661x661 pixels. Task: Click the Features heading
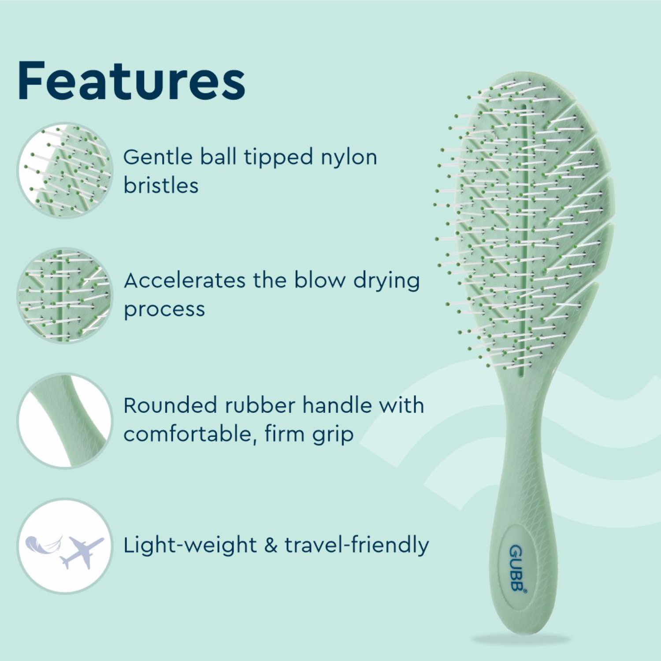(131, 82)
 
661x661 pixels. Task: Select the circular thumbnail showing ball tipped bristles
(65, 171)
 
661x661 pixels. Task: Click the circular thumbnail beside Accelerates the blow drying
(65, 295)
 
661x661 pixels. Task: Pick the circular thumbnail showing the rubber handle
(65, 421)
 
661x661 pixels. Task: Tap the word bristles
(161, 186)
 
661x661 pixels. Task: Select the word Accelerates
(185, 281)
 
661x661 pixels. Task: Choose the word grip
(333, 435)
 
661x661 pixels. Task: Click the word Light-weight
(190, 546)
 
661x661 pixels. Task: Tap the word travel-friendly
(356, 546)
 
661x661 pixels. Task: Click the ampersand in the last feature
(271, 546)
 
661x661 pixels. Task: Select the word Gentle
(158, 157)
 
